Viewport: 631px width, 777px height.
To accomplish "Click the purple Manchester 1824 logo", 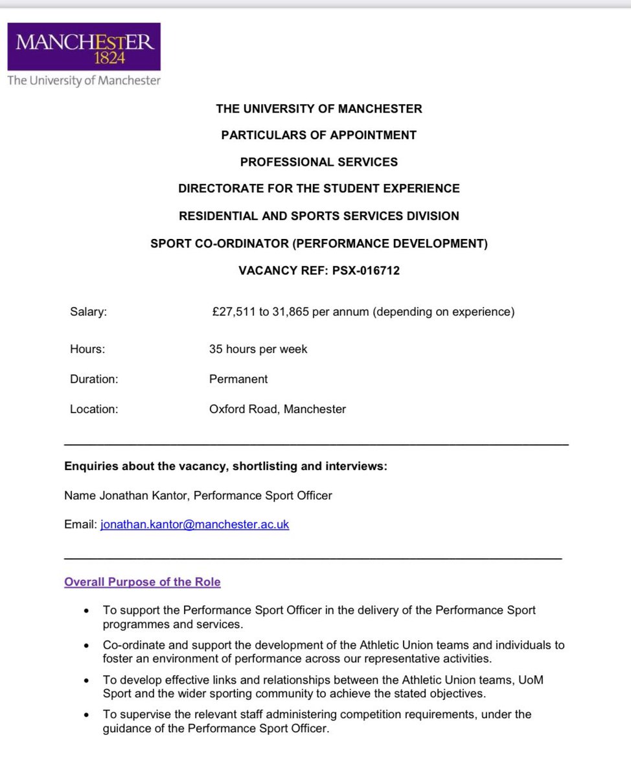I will (x=84, y=47).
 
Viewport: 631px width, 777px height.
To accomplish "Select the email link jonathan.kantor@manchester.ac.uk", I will (x=194, y=524).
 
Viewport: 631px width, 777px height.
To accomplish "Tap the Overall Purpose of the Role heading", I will (x=142, y=581).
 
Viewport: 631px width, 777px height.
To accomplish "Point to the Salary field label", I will (x=88, y=312).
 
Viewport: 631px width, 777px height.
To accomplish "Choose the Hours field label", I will (x=87, y=349).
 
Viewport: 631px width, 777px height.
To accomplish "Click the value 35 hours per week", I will (x=258, y=349).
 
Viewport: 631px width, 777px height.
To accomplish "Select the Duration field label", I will (x=94, y=379).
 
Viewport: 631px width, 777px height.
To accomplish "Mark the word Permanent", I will (x=238, y=379).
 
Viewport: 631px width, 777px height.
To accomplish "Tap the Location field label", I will (x=94, y=409).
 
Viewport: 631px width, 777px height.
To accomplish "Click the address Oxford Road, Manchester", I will (x=277, y=409).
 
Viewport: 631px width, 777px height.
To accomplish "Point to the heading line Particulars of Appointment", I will (x=319, y=135).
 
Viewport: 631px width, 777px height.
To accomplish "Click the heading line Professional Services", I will (x=319, y=162).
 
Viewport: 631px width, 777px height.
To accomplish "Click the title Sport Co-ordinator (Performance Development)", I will (x=319, y=243).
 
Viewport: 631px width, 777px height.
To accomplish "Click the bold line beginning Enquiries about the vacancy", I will (x=225, y=466).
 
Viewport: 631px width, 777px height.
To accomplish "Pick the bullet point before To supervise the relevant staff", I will (x=86, y=714).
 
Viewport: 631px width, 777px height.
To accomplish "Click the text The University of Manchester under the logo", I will (x=84, y=80).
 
